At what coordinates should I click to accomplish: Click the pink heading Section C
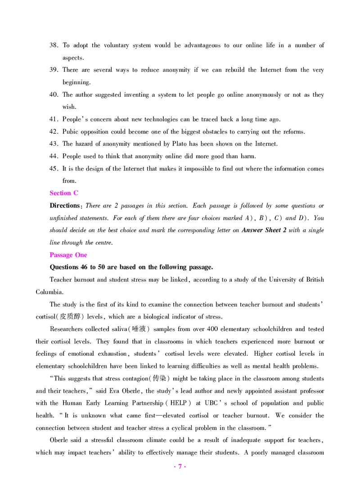(x=64, y=193)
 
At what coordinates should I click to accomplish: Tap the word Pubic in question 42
(x=70, y=132)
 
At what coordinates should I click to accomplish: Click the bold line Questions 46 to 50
(x=131, y=267)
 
